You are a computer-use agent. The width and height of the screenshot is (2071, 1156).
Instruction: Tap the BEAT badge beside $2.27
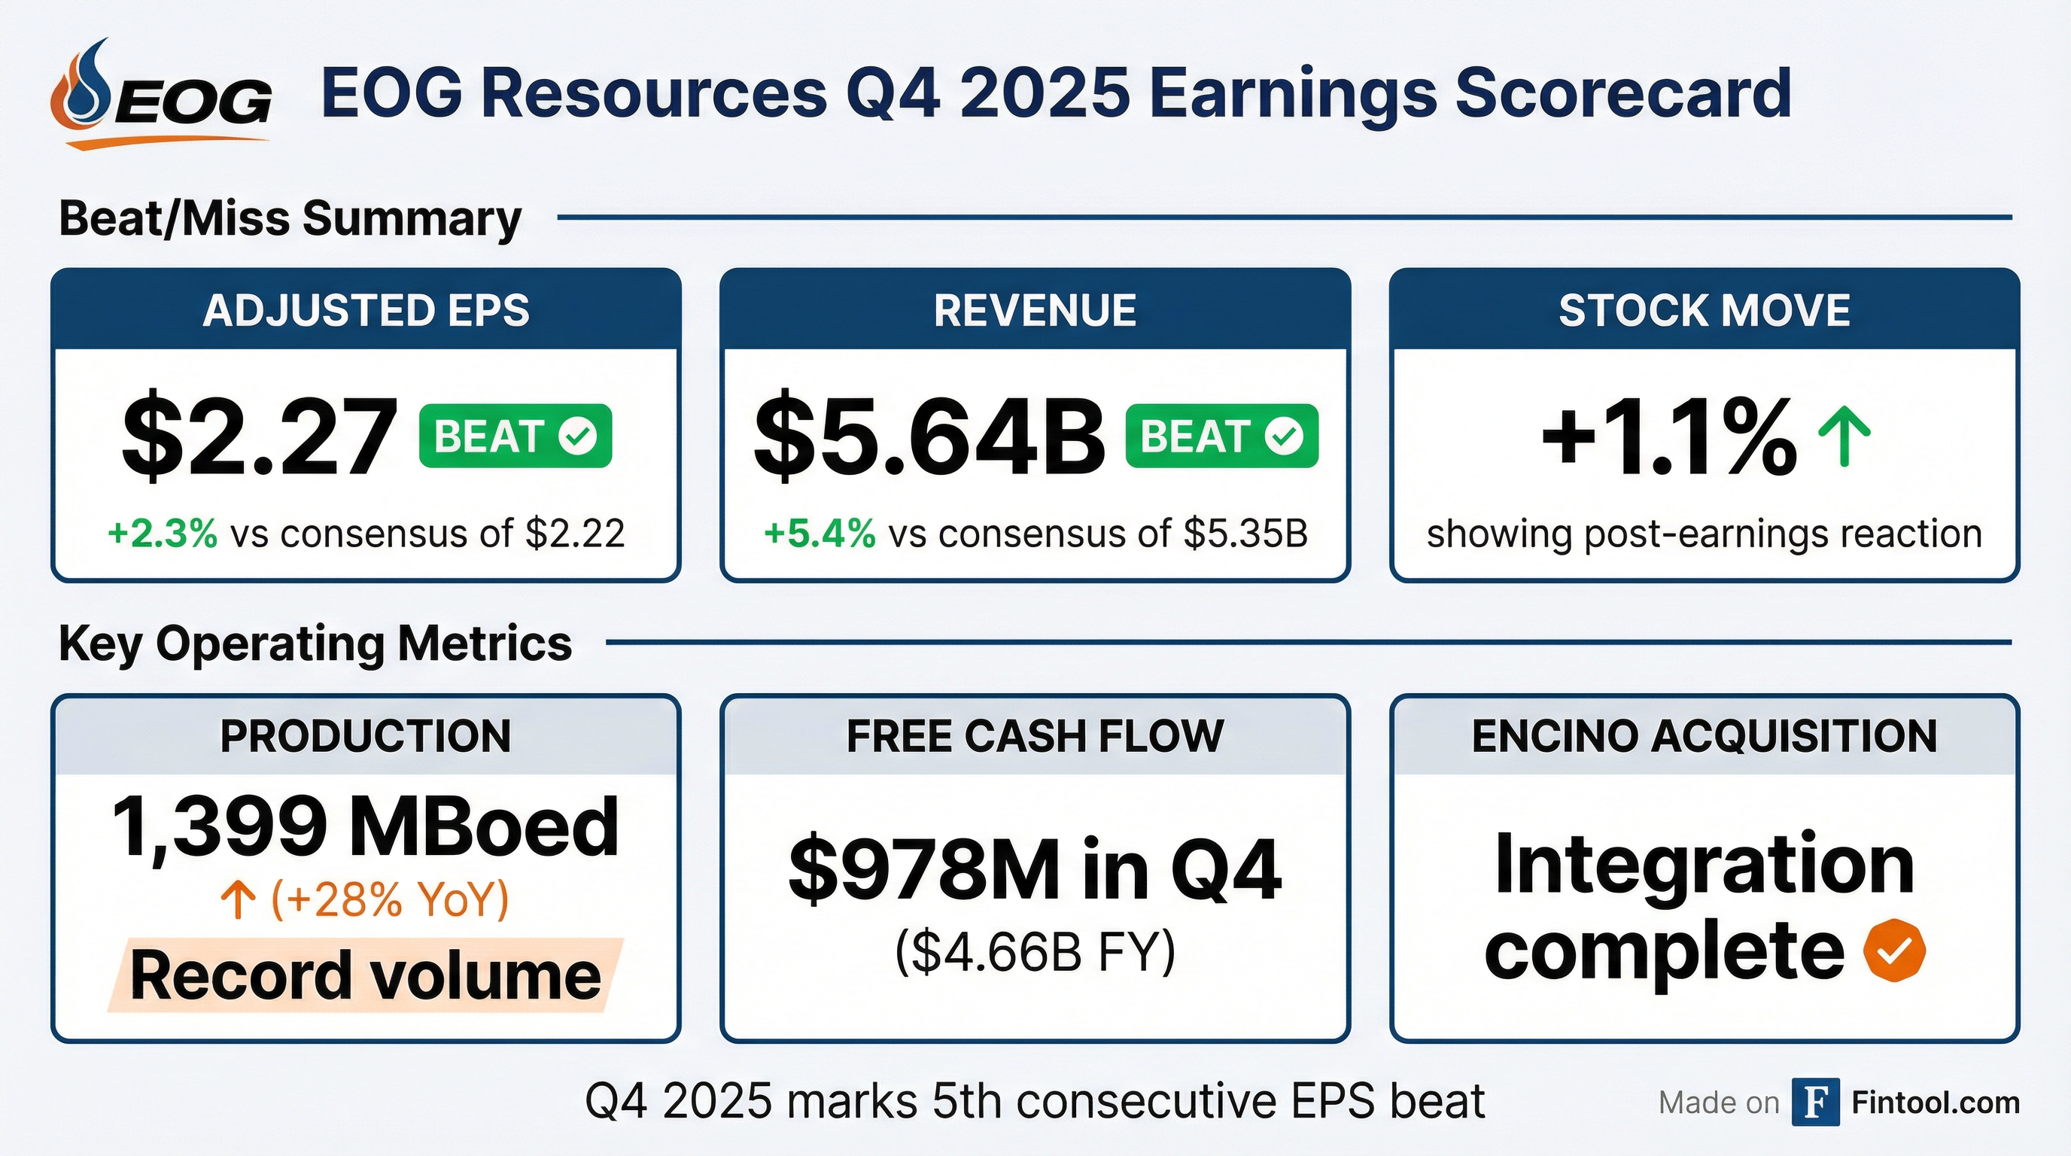[515, 436]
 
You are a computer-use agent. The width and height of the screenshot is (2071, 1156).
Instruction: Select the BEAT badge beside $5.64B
[1221, 436]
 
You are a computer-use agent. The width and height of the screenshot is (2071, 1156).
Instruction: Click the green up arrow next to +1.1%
[1844, 437]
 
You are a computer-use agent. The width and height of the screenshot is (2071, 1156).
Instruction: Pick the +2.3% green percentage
[163, 533]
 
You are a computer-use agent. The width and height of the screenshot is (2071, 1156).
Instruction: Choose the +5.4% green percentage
[820, 533]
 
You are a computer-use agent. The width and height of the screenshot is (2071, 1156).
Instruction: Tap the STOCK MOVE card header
[1705, 309]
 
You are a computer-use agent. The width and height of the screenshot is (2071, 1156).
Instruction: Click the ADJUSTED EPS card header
[366, 309]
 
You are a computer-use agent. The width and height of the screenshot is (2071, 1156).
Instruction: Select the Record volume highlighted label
[366, 975]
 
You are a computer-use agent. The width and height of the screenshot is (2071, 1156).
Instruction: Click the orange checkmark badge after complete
[1895, 951]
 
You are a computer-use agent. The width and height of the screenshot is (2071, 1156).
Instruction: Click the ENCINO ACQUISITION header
[1705, 735]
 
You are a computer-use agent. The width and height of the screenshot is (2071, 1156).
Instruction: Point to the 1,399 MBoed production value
[366, 826]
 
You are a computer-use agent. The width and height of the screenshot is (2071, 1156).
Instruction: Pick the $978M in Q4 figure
[1035, 871]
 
